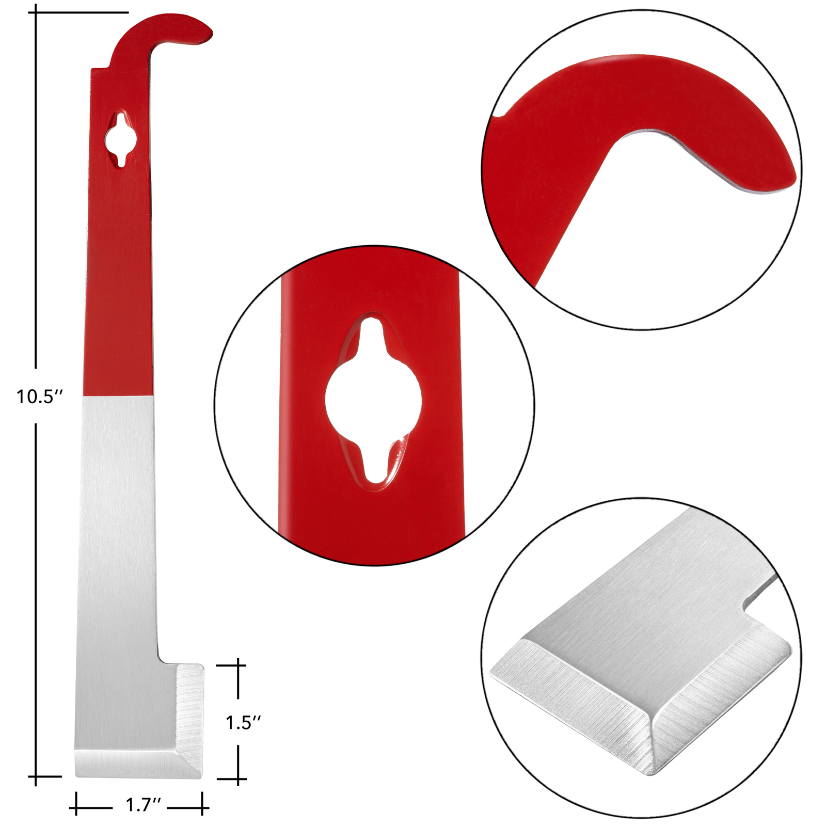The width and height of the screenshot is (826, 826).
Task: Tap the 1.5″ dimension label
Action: [x=243, y=722]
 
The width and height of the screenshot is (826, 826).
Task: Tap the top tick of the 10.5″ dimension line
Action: [x=36, y=12]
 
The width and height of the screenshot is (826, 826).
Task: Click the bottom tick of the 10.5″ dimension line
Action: [x=36, y=776]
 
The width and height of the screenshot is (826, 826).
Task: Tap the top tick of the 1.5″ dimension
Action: [x=238, y=665]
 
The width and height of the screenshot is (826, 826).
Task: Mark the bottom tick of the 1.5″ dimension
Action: [x=238, y=779]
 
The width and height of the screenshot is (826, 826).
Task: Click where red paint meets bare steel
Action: [x=118, y=396]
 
